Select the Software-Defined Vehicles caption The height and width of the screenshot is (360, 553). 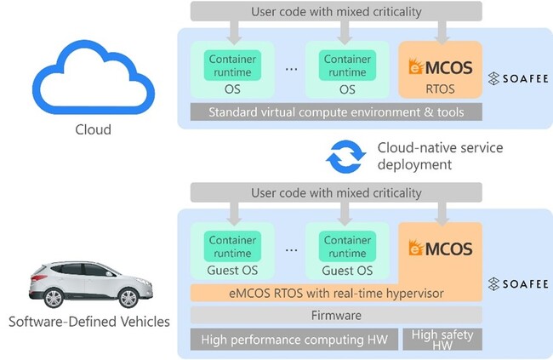point(88,322)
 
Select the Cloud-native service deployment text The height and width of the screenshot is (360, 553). point(440,156)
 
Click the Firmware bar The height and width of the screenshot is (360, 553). point(336,315)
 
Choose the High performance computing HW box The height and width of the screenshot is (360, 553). point(294,340)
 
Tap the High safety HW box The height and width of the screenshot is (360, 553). point(442,339)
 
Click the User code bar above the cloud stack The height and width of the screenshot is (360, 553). point(336,11)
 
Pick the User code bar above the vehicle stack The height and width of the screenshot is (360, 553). point(336,193)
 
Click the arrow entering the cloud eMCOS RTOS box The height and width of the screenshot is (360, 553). point(440,31)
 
